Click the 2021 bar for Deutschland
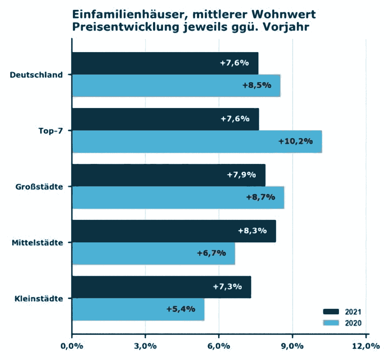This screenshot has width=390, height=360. (x=165, y=63)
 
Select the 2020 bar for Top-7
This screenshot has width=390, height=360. (x=197, y=141)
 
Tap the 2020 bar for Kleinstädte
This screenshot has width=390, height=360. (x=138, y=309)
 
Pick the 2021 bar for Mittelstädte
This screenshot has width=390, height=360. (x=174, y=231)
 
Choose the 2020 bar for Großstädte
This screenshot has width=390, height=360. (x=178, y=197)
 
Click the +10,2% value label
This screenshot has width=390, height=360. (x=296, y=141)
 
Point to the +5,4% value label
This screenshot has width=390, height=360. (x=181, y=309)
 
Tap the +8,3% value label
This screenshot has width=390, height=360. (x=252, y=231)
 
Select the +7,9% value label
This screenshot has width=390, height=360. (x=241, y=175)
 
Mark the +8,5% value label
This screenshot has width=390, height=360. (x=257, y=85)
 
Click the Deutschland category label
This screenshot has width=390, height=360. (x=36, y=75)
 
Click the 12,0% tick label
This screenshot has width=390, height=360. (x=366, y=346)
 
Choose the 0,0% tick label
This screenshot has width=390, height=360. (x=72, y=346)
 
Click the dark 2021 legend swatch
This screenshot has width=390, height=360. (x=331, y=311)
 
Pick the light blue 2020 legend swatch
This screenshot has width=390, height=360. (x=331, y=322)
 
